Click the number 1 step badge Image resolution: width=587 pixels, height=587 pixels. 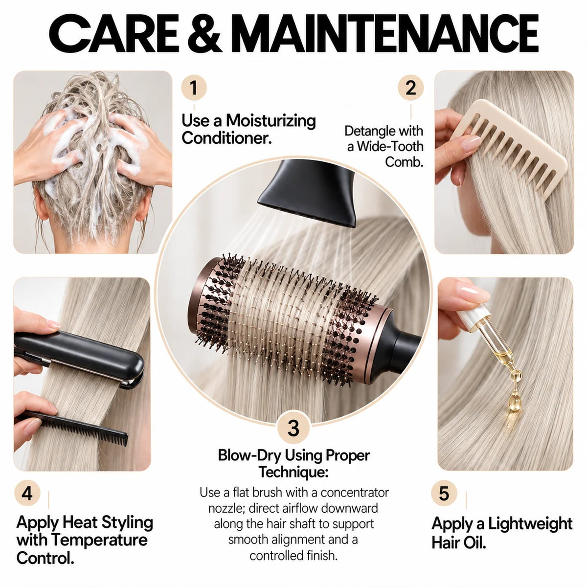(x=194, y=88)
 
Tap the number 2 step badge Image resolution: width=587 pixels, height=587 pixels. (x=410, y=88)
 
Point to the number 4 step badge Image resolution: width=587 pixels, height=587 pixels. (x=27, y=493)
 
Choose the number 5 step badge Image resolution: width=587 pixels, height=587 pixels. (x=444, y=493)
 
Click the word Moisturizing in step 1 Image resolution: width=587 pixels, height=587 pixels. (x=271, y=121)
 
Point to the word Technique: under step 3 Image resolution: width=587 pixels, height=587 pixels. (x=293, y=473)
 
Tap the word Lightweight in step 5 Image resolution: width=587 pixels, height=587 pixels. (x=530, y=523)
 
